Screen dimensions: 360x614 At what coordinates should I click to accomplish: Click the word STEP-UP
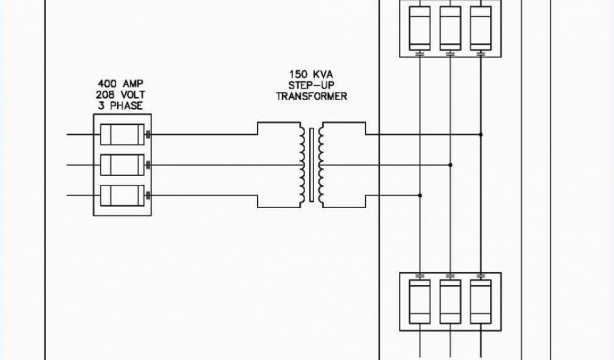(311, 86)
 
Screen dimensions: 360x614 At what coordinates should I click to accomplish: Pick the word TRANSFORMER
(311, 97)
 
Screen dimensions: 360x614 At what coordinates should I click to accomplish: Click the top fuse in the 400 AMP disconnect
(122, 134)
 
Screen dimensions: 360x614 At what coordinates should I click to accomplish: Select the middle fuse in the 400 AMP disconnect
(122, 164)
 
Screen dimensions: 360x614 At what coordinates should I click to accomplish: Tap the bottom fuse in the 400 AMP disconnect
(122, 194)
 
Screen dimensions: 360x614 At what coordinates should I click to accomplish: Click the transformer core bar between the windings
(312, 164)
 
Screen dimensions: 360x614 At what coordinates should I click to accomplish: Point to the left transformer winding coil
(298, 164)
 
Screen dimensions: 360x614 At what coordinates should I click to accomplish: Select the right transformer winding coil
(324, 164)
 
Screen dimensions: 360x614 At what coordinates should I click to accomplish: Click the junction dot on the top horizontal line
(480, 134)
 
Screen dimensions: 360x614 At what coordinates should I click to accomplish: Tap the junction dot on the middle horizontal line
(450, 164)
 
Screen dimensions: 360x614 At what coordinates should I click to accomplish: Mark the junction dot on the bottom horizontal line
(420, 195)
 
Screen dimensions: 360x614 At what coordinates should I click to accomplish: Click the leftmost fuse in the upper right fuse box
(420, 28)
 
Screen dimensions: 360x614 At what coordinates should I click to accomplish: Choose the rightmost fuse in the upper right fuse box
(480, 28)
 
